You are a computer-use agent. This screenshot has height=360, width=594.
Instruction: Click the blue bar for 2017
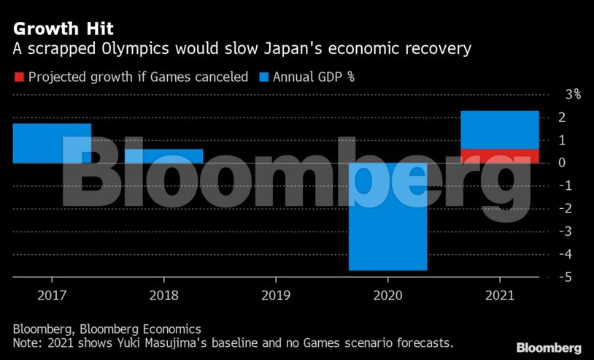click(x=52, y=143)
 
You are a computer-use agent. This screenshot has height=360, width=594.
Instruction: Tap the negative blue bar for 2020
click(x=387, y=216)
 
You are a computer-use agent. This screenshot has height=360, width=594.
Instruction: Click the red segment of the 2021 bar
click(x=500, y=156)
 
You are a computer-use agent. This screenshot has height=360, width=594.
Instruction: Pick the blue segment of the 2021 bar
click(x=500, y=130)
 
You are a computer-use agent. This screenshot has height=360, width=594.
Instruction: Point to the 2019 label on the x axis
click(x=275, y=296)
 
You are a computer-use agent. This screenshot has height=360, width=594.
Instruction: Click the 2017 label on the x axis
click(x=52, y=296)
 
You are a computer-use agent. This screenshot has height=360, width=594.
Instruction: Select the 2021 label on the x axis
click(x=500, y=296)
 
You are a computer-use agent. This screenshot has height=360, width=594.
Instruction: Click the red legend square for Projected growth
click(x=19, y=76)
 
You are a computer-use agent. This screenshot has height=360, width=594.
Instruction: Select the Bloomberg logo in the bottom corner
click(x=548, y=348)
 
